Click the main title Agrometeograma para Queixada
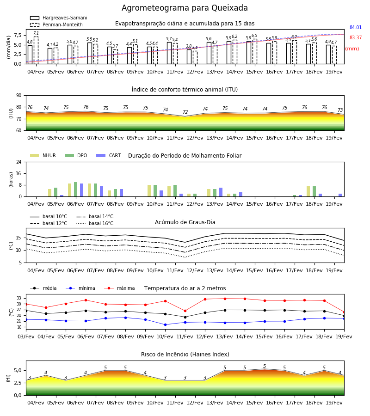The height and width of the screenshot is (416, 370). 185,8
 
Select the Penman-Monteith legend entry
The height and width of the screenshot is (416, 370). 56,24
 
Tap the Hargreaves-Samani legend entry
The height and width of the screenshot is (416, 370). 58,18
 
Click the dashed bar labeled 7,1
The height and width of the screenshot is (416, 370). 36,50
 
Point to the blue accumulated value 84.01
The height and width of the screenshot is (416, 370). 356,27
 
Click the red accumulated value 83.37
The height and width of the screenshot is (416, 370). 356,38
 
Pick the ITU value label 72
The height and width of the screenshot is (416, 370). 185,112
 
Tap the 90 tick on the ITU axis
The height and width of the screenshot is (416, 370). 19,96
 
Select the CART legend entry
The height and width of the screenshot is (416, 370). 109,155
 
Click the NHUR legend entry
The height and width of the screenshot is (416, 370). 43,155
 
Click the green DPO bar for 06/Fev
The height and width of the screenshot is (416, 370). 76,189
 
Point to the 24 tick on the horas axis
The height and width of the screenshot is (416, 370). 19,162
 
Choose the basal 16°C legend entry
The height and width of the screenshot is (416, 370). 95,223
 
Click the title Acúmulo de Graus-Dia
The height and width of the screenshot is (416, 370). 185,222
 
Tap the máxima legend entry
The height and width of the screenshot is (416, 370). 119,288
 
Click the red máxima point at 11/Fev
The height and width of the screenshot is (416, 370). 185,311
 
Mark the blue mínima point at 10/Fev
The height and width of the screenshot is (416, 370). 166,324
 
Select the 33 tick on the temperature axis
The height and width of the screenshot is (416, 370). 19,298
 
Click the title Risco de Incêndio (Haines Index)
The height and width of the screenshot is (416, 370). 185,355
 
